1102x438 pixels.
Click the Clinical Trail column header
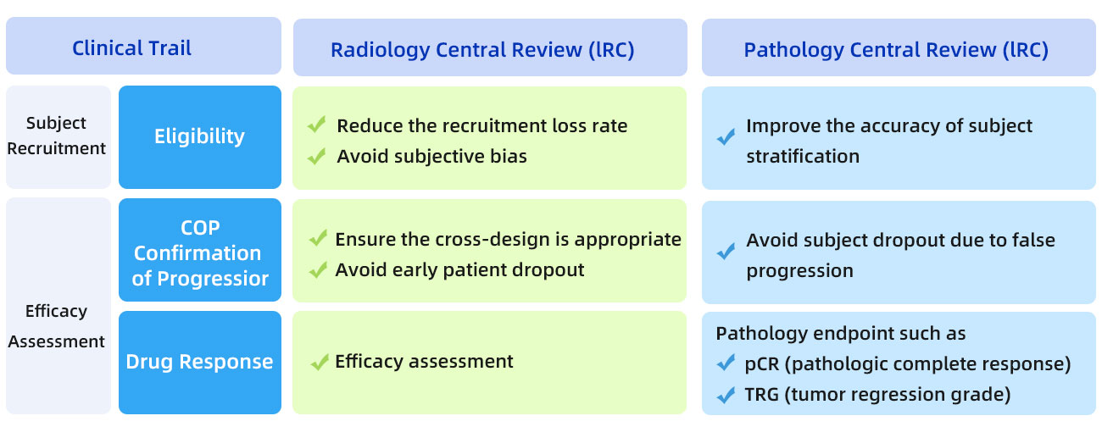click(x=143, y=47)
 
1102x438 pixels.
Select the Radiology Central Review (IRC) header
click(x=490, y=47)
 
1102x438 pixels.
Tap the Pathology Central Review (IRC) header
click(x=899, y=47)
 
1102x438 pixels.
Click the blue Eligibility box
click(x=200, y=137)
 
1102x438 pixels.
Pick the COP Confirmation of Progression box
click(x=200, y=250)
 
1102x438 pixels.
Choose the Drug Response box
click(x=200, y=363)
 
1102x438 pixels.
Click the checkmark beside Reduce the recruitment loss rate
click(x=316, y=125)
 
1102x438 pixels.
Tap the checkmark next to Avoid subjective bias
click(x=316, y=156)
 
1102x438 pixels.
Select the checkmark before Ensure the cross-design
click(x=318, y=238)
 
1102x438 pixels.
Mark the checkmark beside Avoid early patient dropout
click(x=318, y=269)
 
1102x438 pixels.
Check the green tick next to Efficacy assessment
click(x=320, y=363)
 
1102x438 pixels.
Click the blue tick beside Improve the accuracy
click(x=726, y=137)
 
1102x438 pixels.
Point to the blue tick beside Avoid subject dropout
click(x=726, y=252)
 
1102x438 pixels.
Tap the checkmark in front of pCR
click(x=726, y=363)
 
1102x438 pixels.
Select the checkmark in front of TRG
click(x=726, y=394)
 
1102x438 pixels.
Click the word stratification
click(x=803, y=157)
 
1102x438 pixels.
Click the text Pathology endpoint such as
click(x=841, y=333)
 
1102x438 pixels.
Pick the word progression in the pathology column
click(x=800, y=271)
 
